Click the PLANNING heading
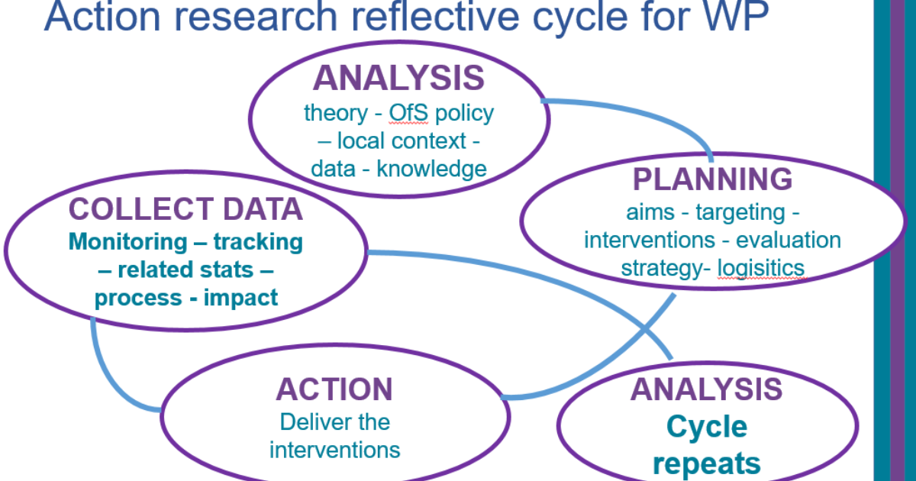coord(713,179)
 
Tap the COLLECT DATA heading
coord(186,209)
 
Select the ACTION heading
coord(334,389)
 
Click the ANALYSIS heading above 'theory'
coord(398,78)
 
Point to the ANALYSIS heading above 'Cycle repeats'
coord(706,389)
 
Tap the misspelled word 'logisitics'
coord(761,268)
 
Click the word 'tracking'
coord(258,242)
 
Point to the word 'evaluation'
coord(789,240)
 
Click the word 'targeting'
coord(740,211)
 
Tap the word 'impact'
coord(241,297)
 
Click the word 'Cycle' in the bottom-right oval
coord(707,428)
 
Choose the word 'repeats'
coord(707,463)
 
